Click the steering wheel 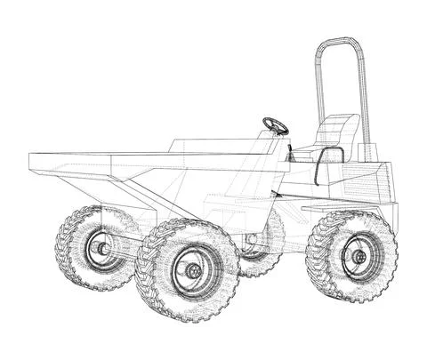pos(275,125)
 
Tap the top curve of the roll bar pos(341,40)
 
